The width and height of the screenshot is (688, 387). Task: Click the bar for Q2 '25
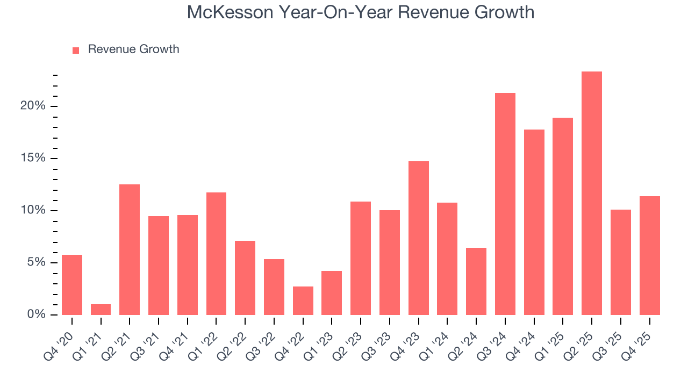591,193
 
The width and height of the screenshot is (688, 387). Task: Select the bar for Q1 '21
101,310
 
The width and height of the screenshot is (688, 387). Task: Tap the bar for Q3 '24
505,204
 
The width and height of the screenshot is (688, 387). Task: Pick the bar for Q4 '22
303,301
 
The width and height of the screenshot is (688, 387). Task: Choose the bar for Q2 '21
130,250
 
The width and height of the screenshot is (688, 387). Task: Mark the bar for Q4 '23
418,238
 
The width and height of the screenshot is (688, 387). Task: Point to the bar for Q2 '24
476,282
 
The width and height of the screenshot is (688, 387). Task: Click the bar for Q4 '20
72,285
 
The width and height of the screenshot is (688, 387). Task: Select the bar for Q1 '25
562,217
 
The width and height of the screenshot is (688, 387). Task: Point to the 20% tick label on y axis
33,106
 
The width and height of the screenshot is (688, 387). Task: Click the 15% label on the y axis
33,159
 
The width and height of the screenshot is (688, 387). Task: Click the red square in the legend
76,50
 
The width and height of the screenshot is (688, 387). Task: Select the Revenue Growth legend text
133,49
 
